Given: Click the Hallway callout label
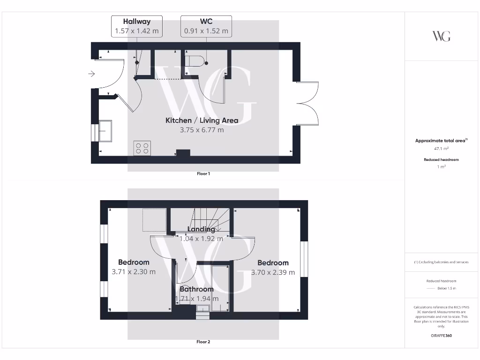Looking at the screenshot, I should [137, 22].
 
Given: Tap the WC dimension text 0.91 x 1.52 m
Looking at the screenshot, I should [206, 31].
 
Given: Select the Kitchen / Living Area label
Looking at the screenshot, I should [202, 120].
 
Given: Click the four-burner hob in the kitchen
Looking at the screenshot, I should [142, 148].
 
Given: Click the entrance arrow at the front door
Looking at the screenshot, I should [91, 74].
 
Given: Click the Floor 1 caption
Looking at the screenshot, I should [203, 174].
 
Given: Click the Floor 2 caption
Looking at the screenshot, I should [203, 342].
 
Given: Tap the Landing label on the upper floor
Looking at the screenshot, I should [201, 229].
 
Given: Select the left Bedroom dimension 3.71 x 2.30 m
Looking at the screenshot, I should [134, 272].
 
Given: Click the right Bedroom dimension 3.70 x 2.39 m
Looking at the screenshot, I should [273, 272].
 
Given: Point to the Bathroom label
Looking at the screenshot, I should [196, 289].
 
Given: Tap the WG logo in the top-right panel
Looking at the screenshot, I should [441, 36].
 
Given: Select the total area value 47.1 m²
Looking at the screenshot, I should [442, 148].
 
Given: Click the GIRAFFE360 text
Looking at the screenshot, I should [442, 336].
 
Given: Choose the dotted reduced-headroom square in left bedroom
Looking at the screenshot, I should [155, 220].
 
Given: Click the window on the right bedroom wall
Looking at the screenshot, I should [304, 259].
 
